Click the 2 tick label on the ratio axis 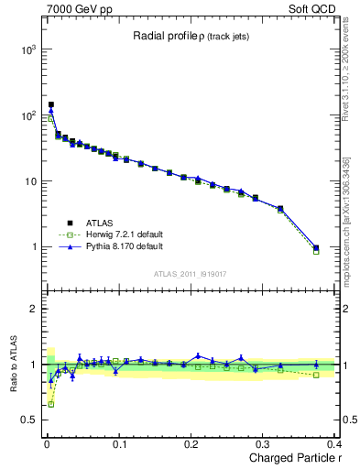coord(32,309)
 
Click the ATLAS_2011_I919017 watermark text coord(191,275)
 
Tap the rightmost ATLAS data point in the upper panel coord(316,247)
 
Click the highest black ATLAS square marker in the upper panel coord(50,104)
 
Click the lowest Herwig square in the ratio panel coord(50,404)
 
